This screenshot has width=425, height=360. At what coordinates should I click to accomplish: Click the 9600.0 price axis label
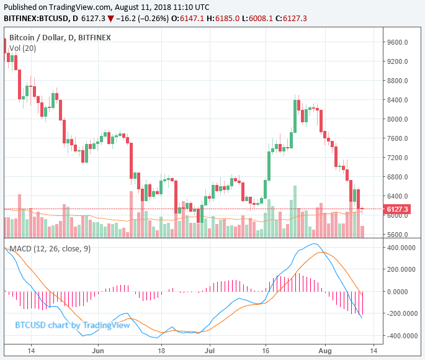point(398,43)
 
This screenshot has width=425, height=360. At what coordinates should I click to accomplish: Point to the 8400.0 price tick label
point(398,101)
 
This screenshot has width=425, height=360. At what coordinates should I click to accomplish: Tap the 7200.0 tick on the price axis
point(398,158)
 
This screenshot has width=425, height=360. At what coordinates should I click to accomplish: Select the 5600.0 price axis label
point(398,235)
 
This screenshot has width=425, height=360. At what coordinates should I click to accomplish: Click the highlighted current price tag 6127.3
point(397,209)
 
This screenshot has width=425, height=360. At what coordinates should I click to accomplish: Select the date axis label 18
point(161,350)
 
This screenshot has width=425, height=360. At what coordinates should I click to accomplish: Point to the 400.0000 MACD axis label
point(401,247)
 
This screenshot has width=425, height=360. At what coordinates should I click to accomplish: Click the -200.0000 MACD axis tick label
point(400,314)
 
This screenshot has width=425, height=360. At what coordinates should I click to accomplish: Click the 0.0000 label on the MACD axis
point(404,292)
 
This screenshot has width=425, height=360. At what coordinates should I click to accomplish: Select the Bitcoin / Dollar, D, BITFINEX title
point(60,37)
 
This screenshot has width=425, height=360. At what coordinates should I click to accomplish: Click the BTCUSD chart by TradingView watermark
point(73,325)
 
